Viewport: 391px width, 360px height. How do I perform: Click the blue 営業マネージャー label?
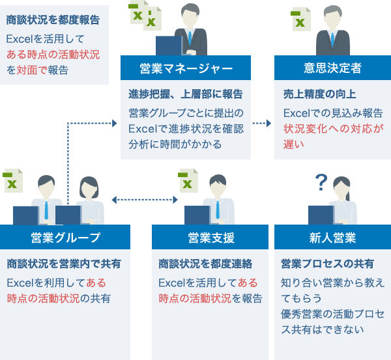pos(186,68)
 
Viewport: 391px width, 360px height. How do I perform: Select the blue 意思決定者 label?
pos(332,68)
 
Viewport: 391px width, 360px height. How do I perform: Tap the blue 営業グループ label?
pos(65,237)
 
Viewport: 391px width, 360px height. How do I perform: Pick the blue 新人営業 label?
pos(332,237)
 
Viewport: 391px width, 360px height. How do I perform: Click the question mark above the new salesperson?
pos(320,182)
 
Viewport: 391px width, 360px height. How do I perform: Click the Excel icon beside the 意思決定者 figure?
pos(300,20)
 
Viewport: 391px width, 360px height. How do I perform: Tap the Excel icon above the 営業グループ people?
pos(12,180)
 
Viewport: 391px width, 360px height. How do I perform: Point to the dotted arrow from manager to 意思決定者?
pos(262,122)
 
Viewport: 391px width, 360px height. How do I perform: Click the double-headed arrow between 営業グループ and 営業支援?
pos(145,200)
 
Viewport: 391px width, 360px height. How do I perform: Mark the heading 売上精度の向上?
pos(311,94)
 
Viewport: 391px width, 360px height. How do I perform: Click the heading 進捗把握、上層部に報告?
pos(186,94)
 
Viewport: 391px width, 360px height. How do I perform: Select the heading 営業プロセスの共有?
pos(327,264)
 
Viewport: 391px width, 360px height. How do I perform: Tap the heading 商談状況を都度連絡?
pos(205,264)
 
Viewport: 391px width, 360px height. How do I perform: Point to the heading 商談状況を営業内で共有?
pos(64,264)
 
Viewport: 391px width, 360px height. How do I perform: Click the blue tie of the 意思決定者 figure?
pos(332,40)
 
